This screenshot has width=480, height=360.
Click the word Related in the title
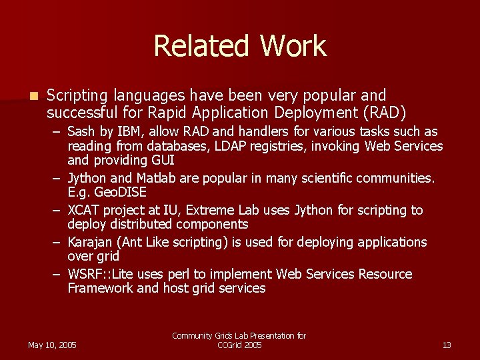pos(201,46)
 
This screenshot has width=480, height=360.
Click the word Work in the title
pos(293,46)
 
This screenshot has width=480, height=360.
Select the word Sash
pos(81,131)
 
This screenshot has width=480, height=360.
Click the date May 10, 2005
pos(52,345)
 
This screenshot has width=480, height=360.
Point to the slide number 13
pos(447,345)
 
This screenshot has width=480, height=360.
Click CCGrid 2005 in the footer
pos(239,345)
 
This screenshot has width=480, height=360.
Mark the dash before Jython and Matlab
pos(58,178)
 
